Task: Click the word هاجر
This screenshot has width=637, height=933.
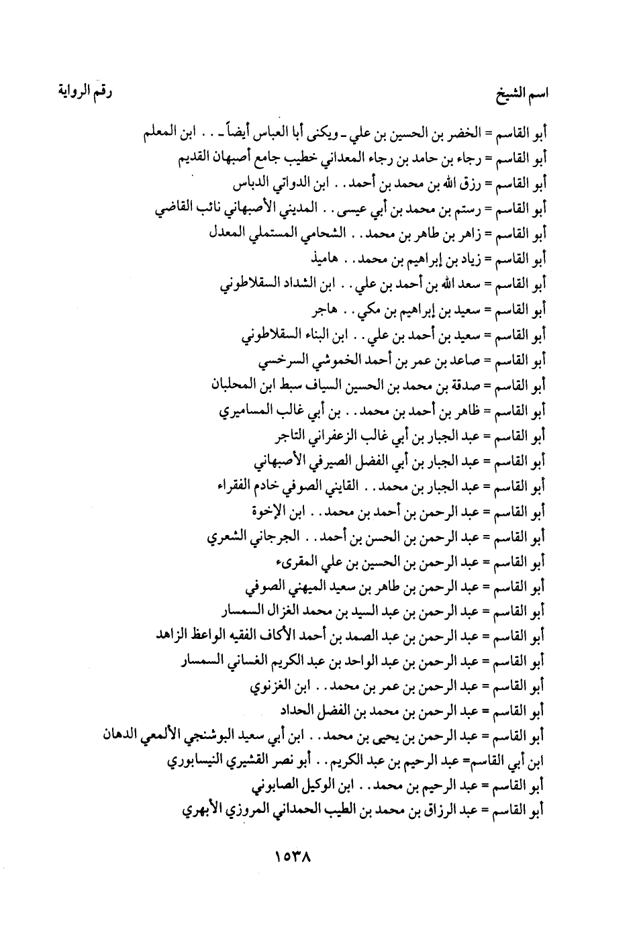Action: (325, 309)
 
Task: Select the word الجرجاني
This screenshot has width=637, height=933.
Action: (266, 537)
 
